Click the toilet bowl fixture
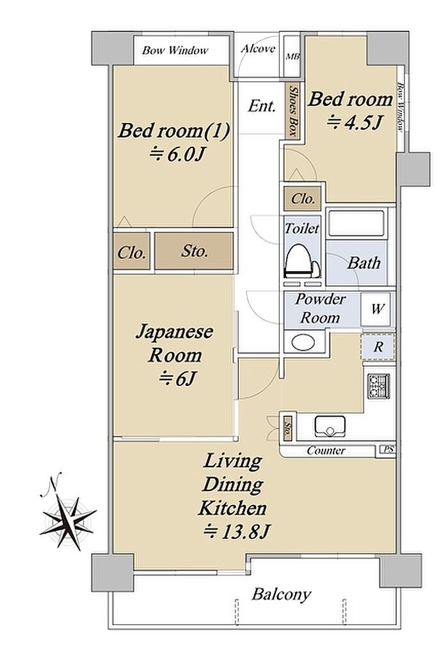301,262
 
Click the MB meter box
292,56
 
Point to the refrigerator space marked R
378,347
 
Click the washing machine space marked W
378,309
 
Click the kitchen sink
330,426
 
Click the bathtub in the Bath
356,223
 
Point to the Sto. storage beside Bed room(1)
194,251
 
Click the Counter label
326,451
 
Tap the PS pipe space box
388,450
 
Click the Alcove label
258,49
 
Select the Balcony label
282,595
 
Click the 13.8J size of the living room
237,532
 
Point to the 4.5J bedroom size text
353,122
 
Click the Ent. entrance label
262,106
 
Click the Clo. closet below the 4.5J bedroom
303,198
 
